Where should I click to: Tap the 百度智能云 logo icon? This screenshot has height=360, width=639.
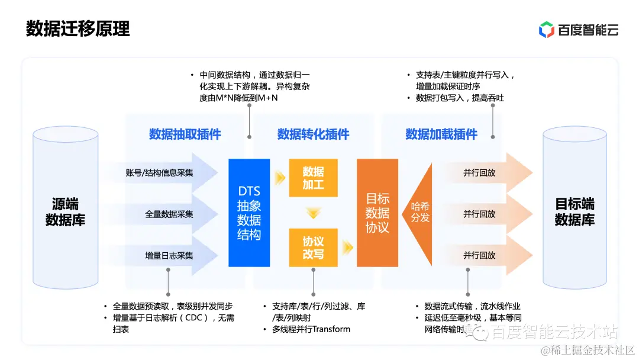(546, 29)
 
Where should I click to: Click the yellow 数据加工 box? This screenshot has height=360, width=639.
(313, 178)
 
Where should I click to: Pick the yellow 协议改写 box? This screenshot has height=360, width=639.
(313, 248)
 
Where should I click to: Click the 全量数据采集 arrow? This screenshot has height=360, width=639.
(169, 214)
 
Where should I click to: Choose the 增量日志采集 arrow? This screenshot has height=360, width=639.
(169, 255)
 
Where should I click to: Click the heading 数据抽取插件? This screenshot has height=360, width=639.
(185, 134)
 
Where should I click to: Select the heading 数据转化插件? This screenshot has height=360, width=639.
(313, 134)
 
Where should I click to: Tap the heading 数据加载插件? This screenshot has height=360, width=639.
(441, 134)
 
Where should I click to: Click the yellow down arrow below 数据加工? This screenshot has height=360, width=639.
(313, 213)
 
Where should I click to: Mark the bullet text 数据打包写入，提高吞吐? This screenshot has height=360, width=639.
(460, 98)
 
